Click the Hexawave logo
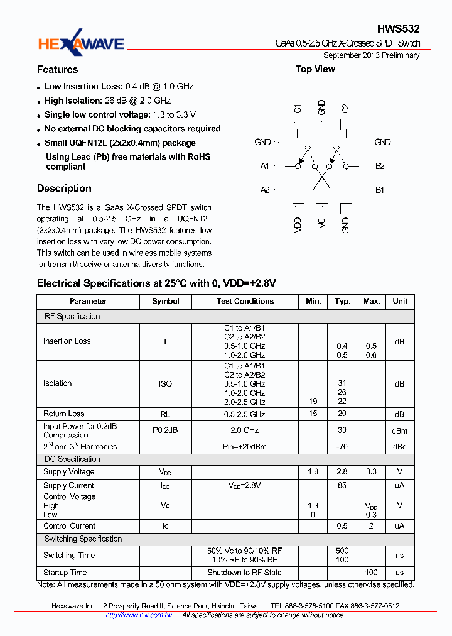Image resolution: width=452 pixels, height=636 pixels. (81, 42)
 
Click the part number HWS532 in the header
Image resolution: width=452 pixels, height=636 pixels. (398, 29)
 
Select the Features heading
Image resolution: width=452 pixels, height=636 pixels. (57, 70)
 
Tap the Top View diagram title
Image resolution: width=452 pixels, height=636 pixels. (315, 69)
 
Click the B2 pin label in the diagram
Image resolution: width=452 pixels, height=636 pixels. (380, 166)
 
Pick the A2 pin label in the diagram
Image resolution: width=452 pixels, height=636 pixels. (265, 190)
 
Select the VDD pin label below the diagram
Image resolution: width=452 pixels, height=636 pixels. (298, 225)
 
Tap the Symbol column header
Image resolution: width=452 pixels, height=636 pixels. (165, 301)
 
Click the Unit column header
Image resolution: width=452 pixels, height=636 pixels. (400, 301)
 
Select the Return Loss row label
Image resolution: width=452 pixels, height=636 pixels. (63, 414)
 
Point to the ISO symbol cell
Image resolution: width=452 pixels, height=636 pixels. (165, 383)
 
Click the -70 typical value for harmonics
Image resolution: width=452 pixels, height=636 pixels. (342, 447)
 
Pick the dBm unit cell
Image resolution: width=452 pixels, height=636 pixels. (400, 430)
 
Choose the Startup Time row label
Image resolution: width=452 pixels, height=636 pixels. (65, 573)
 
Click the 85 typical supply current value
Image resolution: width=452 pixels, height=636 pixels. (342, 485)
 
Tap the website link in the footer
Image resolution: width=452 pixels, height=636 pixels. (139, 615)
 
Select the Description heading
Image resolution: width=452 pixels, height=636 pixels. (64, 189)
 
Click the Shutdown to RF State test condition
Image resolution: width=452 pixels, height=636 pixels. (245, 573)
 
